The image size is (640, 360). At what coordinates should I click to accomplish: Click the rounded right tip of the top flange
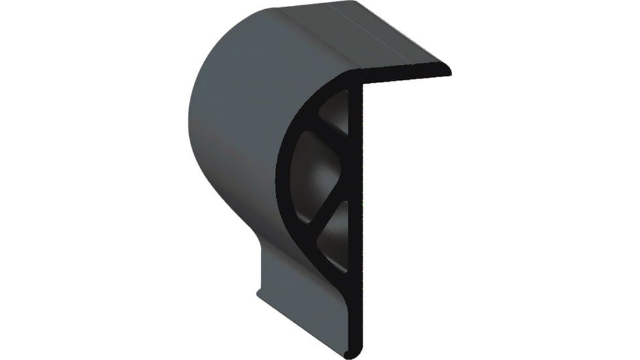(x=446, y=69)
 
